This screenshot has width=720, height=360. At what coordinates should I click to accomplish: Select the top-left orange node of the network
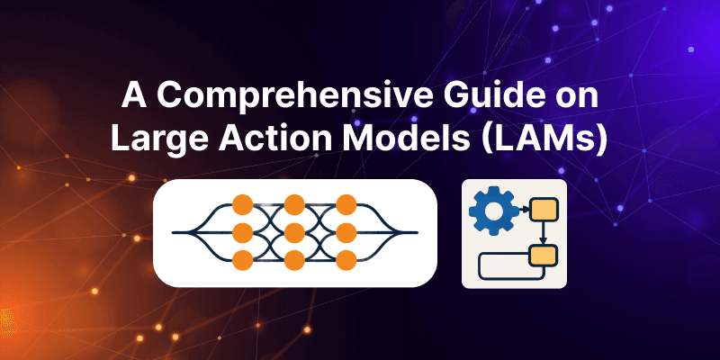pyautogui.click(x=241, y=205)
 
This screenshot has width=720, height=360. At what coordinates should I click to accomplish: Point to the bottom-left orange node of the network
pyautogui.click(x=241, y=261)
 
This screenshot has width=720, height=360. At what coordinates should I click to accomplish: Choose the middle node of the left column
pyautogui.click(x=241, y=233)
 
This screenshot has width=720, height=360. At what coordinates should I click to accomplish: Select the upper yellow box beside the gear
pyautogui.click(x=542, y=211)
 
